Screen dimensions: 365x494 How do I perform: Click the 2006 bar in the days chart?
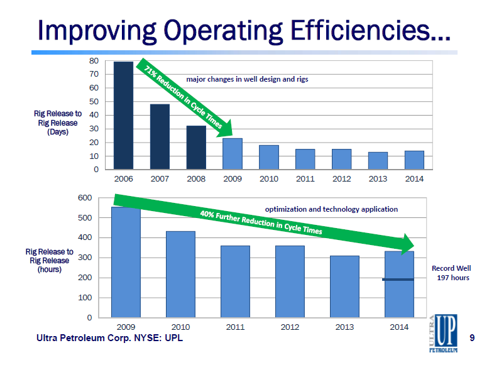coord(123,116)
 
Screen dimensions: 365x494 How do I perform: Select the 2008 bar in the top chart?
coord(196,148)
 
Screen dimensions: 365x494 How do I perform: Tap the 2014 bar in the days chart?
coord(414,160)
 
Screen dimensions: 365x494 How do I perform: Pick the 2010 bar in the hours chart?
coord(180,274)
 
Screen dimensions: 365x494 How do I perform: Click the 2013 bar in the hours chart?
coord(345,286)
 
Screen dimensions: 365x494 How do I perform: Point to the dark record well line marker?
coord(398,279)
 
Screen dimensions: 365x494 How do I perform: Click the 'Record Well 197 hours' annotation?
coord(451,273)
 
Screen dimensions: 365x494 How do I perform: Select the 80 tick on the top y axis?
coord(94,61)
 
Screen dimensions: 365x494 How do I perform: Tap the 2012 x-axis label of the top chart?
coord(341,179)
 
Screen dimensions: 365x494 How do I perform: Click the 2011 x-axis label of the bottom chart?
coord(235,327)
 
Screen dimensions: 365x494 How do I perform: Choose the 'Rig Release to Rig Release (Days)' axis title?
coord(57,123)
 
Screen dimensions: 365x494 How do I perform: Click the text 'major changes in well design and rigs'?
coord(247,80)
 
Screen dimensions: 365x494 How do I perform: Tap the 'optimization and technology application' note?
coord(331,209)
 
